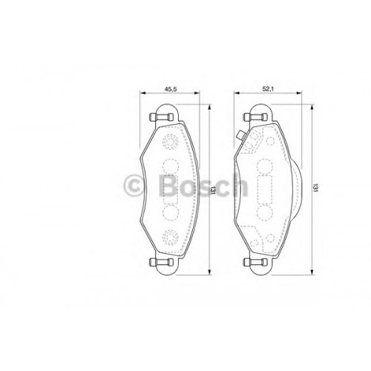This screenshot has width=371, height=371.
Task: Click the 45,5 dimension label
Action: tap(170, 89)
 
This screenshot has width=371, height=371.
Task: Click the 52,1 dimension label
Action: tap(267, 89)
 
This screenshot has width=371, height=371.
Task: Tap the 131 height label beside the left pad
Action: tap(213, 190)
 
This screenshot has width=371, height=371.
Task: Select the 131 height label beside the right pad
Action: tap(315, 188)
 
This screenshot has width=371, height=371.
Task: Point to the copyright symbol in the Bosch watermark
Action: tap(134, 185)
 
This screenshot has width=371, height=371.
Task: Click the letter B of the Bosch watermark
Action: tap(168, 185)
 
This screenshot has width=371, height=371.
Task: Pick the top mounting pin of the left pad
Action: tap(161, 116)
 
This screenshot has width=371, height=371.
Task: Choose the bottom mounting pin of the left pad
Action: tap(161, 262)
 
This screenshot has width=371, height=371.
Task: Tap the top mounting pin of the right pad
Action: tap(255, 116)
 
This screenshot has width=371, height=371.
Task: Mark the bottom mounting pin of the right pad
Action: tap(255, 262)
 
